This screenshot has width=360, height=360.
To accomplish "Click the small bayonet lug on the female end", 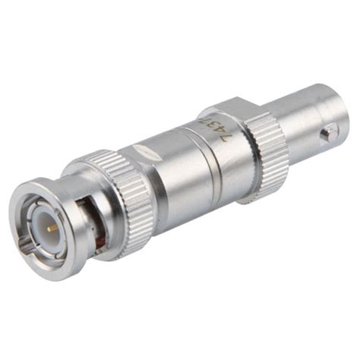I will tap(326, 134).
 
